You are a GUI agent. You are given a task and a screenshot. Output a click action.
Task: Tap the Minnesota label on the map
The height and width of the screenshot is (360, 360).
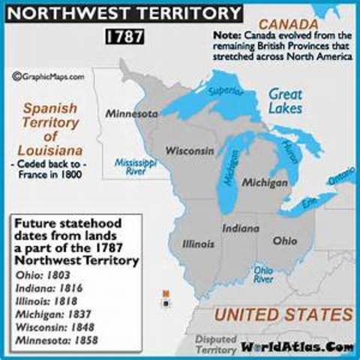pos(131,114)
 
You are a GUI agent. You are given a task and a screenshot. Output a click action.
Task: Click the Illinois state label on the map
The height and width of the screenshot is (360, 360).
pos(199,244)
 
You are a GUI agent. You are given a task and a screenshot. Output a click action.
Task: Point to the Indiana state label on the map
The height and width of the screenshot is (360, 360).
pos(240,226)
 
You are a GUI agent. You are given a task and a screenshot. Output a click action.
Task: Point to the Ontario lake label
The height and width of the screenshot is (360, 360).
pos(341,176)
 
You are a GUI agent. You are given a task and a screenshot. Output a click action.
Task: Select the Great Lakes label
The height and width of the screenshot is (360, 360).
pos(285,100)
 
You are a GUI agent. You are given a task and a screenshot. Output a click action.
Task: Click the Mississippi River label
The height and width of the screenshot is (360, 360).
pos(135,166)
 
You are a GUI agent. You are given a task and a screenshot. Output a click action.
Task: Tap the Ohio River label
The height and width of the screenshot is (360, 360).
pos(263,274)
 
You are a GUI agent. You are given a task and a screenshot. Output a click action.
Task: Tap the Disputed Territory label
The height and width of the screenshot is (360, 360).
pos(216,344)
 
